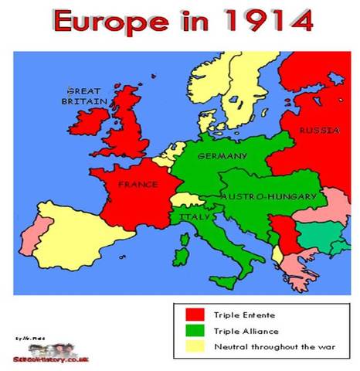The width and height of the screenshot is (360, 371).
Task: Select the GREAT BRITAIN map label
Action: click(86, 96)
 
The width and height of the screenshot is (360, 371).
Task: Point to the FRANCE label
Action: click(138, 185)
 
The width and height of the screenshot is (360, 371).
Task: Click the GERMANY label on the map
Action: click(222, 156)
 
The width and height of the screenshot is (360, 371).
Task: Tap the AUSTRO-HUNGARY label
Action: click(268, 197)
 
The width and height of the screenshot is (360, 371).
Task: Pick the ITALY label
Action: click(192, 217)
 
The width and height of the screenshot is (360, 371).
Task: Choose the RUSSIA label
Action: click(318, 131)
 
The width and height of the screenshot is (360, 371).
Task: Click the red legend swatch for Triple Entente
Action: click(194, 315)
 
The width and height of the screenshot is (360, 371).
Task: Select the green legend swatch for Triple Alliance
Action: click(194, 330)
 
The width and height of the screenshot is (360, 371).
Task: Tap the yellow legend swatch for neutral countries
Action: click(194, 345)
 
